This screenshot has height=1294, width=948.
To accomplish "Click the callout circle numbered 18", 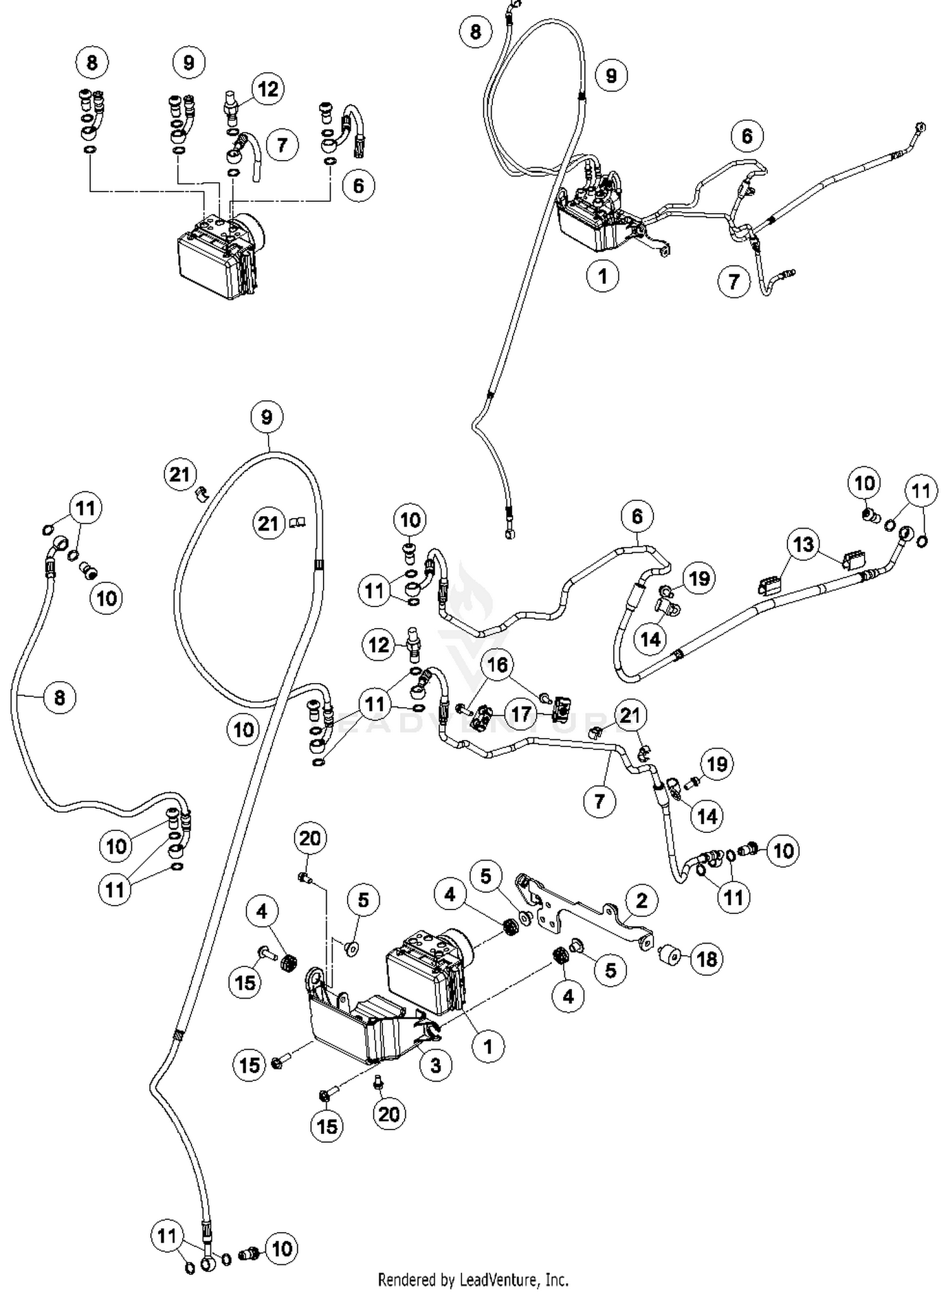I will tap(707, 959).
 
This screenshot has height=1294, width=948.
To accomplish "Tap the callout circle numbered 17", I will tap(521, 715).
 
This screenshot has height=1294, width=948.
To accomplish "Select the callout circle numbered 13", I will tap(803, 545).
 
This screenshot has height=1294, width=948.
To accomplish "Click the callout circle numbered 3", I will tap(435, 1066).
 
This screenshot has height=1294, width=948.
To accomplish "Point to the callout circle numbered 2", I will tap(641, 901).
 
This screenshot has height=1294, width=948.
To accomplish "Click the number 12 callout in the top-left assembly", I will tap(268, 89).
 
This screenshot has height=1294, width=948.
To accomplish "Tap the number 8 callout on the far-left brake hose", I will tap(60, 698).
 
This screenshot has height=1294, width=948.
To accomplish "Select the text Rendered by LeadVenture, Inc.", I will tap(473, 1280).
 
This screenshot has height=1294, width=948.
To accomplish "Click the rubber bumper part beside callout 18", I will tap(671, 955).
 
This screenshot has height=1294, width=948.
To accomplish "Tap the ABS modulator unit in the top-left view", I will tap(218, 256).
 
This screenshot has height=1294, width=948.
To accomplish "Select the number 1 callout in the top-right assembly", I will tap(602, 276).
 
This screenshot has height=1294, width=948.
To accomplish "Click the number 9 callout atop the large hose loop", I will tap(267, 417).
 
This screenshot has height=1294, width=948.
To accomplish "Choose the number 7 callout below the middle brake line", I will tap(599, 802).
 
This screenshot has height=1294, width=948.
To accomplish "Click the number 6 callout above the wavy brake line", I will tap(636, 517).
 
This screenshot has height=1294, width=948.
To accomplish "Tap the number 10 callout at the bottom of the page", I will tap(282, 1249).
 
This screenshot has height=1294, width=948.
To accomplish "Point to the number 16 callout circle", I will tap(498, 665).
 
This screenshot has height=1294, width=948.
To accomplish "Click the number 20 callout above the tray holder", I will tap(310, 839).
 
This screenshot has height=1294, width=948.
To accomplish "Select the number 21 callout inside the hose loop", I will tap(269, 524).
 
